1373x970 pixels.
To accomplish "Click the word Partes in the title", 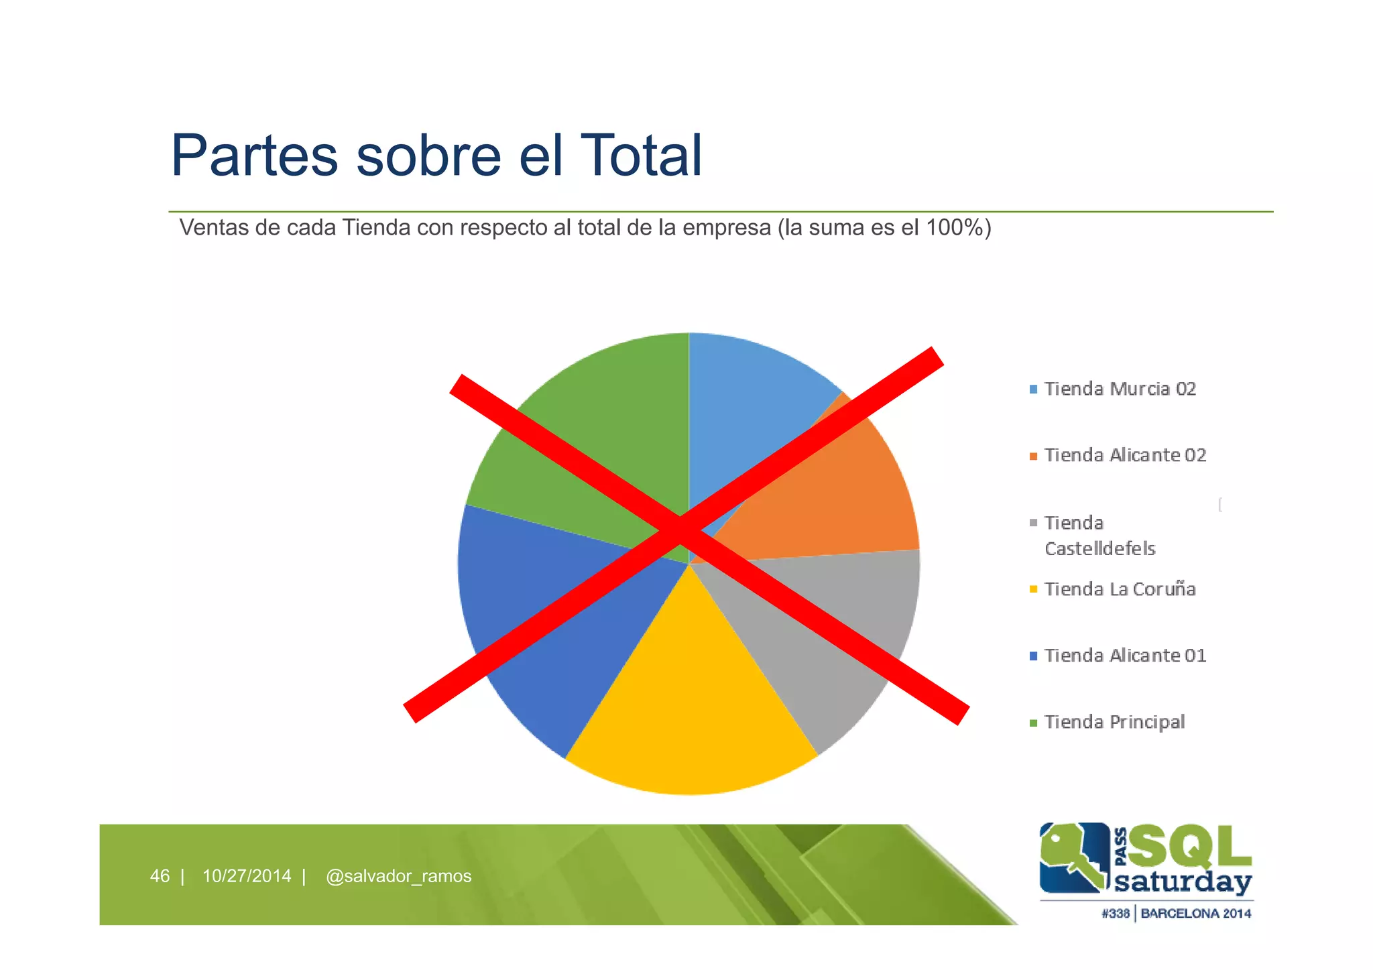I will click(x=255, y=156).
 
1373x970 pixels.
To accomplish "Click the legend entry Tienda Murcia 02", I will click(x=1120, y=389).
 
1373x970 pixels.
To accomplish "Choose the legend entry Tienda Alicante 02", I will click(x=1124, y=455).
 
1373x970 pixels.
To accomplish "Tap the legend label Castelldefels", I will click(x=1099, y=548).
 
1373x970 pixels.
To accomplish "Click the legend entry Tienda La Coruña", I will click(x=1120, y=589).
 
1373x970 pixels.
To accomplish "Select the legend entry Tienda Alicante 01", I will click(x=1124, y=656).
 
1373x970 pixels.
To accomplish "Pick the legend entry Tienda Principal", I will click(x=1114, y=722).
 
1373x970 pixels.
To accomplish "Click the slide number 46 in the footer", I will click(x=160, y=876).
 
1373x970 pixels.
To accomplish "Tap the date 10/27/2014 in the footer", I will click(x=247, y=876).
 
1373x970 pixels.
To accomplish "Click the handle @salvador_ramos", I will click(x=398, y=876).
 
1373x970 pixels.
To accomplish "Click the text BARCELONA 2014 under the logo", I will click(x=1195, y=913).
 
